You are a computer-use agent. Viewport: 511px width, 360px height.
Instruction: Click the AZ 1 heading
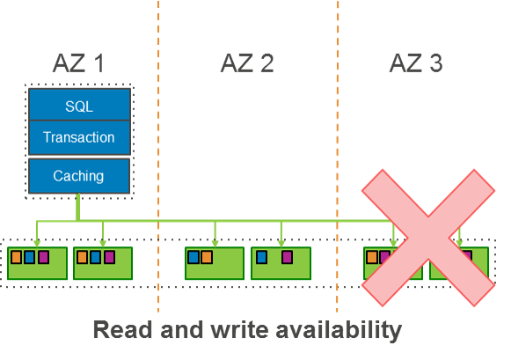click(x=78, y=62)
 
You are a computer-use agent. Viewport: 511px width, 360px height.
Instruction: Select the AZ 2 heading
click(x=246, y=62)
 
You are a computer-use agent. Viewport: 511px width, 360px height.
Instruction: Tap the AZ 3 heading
click(x=415, y=62)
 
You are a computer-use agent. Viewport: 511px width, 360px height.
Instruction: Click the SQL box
click(x=79, y=106)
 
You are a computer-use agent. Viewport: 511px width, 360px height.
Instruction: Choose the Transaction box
click(x=79, y=137)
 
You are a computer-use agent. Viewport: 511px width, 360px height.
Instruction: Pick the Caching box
click(x=79, y=176)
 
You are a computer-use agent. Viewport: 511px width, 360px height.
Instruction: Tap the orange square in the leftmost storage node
click(x=16, y=257)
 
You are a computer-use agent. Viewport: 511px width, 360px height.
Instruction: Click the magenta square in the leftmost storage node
click(x=43, y=257)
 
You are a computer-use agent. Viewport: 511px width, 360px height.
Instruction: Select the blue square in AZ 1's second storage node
click(x=96, y=257)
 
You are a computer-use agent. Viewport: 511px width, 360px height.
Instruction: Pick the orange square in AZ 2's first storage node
click(x=207, y=257)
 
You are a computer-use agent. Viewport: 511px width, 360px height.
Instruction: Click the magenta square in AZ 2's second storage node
click(x=287, y=257)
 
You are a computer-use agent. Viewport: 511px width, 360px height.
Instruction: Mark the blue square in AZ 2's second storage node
click(x=261, y=257)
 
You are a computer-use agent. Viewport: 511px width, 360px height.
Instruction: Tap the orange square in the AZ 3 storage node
click(x=372, y=257)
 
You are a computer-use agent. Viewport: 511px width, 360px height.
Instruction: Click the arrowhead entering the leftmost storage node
click(x=37, y=242)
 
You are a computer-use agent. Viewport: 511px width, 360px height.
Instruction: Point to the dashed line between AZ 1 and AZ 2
click(x=158, y=132)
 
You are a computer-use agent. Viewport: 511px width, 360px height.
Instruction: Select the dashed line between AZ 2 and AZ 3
click(x=338, y=132)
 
